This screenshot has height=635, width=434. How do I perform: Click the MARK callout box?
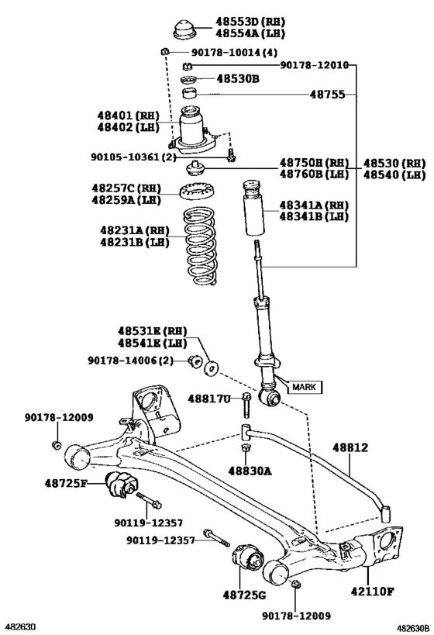click(305, 387)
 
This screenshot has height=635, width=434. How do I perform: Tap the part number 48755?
click(328, 95)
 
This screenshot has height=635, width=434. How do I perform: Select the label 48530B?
click(238, 78)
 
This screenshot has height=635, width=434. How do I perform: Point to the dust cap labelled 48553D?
click(185, 29)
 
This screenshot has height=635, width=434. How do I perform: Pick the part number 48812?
click(350, 447)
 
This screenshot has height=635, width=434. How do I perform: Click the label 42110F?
click(372, 592)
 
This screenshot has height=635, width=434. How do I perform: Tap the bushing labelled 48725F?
click(122, 484)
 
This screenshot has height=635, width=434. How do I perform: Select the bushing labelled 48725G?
click(248, 558)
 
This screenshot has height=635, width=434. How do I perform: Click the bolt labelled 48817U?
click(246, 405)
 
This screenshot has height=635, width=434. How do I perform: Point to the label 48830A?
click(250, 471)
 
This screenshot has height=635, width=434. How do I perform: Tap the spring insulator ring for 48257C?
click(197, 192)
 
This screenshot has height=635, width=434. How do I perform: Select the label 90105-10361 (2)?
click(133, 157)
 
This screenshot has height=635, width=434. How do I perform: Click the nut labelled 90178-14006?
click(195, 361)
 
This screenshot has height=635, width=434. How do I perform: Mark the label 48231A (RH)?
click(134, 230)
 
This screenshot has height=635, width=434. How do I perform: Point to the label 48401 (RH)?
click(128, 116)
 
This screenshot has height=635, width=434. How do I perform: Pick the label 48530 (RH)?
click(394, 163)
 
